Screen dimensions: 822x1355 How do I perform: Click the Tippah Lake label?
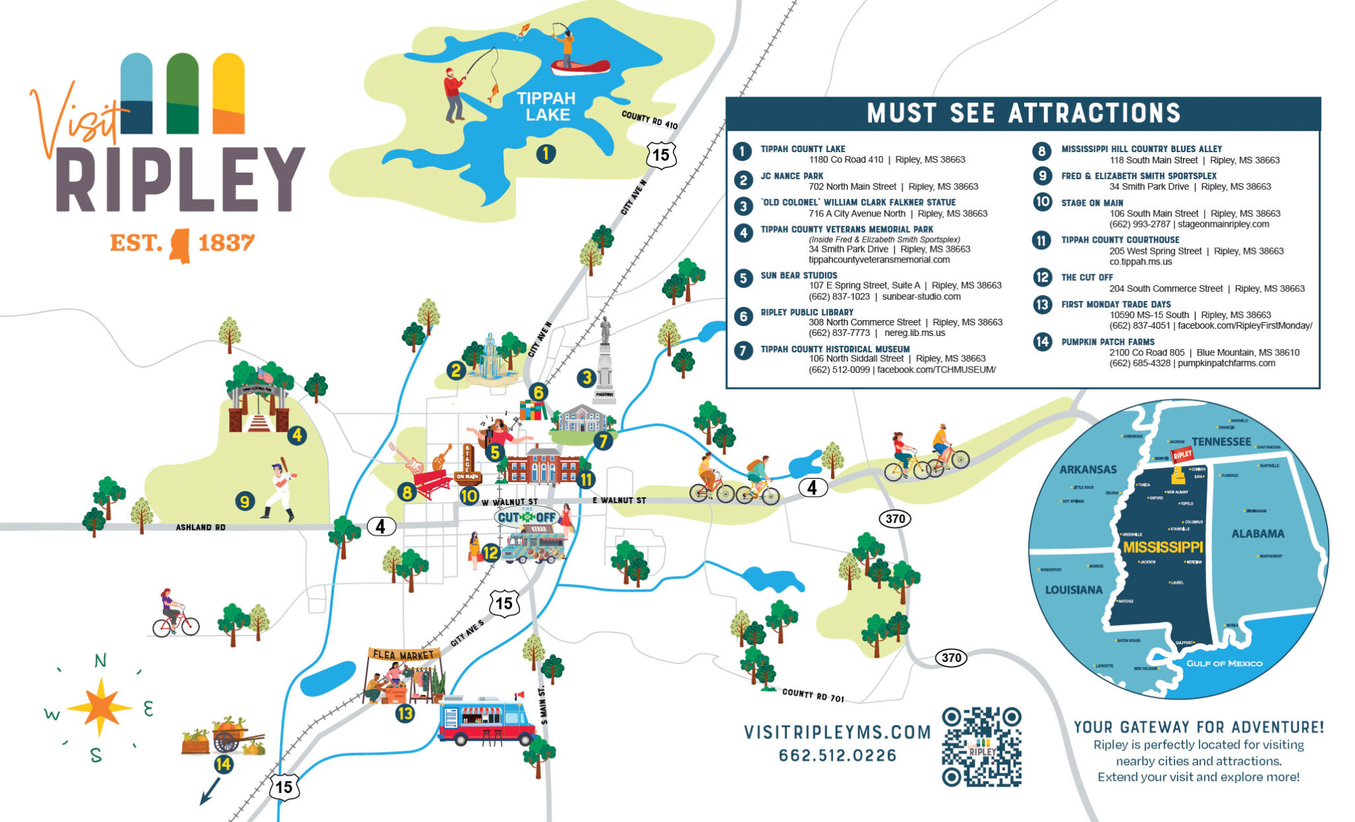(x=546, y=106)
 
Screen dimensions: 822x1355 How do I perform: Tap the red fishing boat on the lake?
(x=580, y=67)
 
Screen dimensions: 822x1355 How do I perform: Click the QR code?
(x=981, y=747)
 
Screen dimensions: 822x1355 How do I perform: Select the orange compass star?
(x=100, y=706)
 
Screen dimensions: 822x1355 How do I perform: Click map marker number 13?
(x=405, y=714)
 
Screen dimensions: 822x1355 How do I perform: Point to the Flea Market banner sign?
(x=404, y=655)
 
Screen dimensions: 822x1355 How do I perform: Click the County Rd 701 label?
(x=812, y=694)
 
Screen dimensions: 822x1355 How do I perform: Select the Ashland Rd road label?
(x=200, y=527)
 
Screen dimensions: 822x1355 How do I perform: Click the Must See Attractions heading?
(x=1023, y=113)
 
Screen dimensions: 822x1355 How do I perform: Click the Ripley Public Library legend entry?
(x=807, y=312)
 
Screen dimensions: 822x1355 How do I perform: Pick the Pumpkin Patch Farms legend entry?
(x=1108, y=342)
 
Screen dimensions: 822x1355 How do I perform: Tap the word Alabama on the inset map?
(x=1257, y=534)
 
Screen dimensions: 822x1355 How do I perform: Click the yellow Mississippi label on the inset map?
(x=1162, y=548)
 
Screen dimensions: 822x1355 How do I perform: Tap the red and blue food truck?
(x=486, y=721)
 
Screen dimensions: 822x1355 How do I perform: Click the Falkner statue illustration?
(x=605, y=360)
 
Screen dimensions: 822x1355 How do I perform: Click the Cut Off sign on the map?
(x=527, y=517)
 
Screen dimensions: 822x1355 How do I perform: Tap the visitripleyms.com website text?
(x=837, y=732)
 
